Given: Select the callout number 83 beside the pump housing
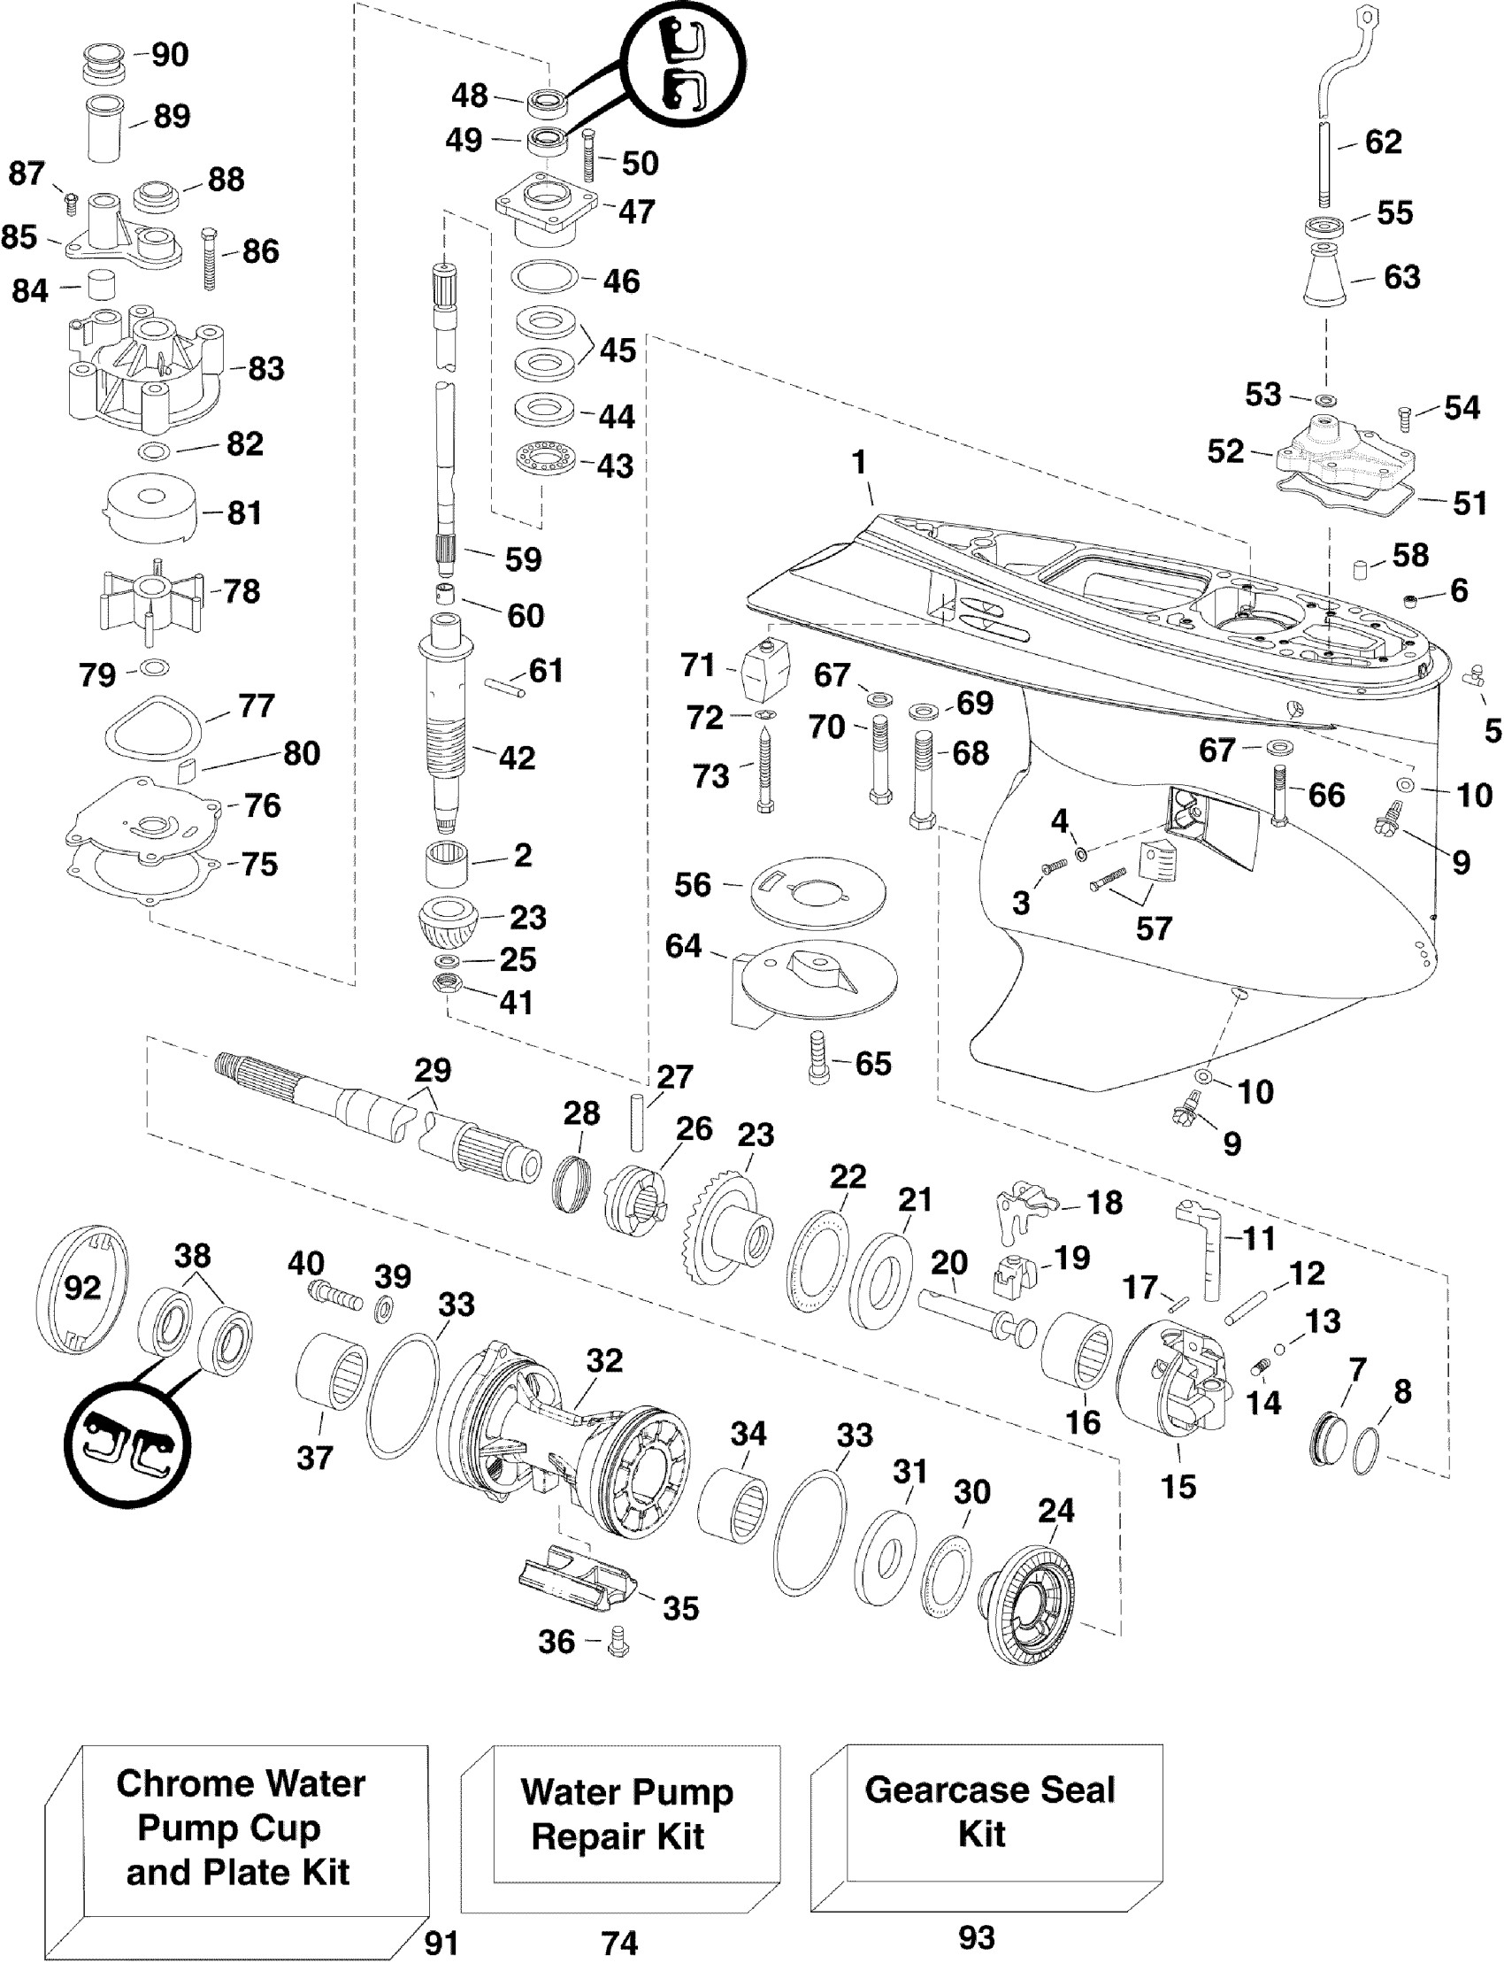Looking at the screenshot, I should tap(266, 368).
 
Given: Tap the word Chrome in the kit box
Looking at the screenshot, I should tap(167, 1784).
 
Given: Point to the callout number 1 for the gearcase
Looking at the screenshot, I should tap(859, 463).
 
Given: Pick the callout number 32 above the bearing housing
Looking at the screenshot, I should tap(604, 1360).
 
